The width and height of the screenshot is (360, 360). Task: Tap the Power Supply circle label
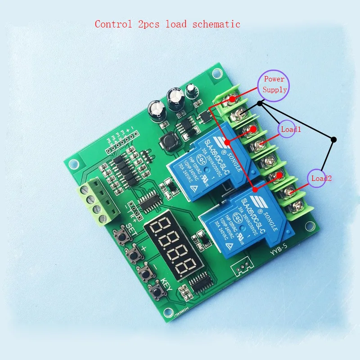(x=274, y=84)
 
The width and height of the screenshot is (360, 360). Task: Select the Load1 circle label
(x=290, y=129)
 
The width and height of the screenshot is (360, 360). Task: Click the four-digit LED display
(x=169, y=243)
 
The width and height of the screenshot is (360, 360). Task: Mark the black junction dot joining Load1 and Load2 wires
(x=333, y=139)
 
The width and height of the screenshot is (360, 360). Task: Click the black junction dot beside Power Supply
(x=260, y=103)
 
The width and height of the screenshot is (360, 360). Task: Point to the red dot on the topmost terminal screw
(x=232, y=99)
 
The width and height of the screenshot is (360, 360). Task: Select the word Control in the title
(x=113, y=24)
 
